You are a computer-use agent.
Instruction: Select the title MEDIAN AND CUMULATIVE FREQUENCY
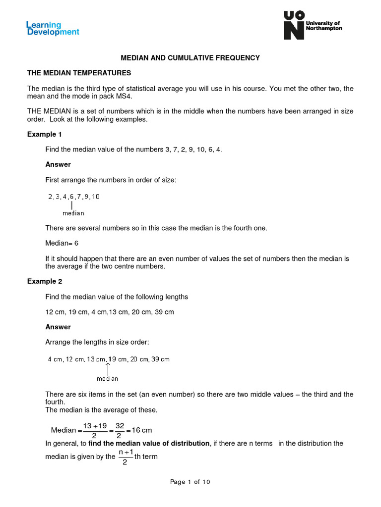click(x=190, y=58)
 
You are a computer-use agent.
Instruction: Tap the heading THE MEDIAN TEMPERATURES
click(x=79, y=73)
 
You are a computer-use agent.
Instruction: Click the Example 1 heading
click(x=45, y=134)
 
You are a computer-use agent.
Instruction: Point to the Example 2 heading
click(x=45, y=281)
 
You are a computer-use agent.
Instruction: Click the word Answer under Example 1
click(x=58, y=164)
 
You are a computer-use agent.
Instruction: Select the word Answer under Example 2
click(x=58, y=327)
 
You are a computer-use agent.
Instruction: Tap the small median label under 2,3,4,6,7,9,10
click(x=73, y=213)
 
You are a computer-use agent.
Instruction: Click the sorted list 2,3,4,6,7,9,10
click(x=74, y=197)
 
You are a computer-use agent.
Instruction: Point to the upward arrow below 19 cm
click(x=108, y=368)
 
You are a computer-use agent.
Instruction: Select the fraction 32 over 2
click(x=120, y=430)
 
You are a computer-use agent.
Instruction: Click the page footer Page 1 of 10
click(x=190, y=482)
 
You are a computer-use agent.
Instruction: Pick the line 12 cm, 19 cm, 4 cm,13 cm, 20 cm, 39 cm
click(x=110, y=312)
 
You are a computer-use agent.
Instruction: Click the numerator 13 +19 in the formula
click(x=95, y=426)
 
